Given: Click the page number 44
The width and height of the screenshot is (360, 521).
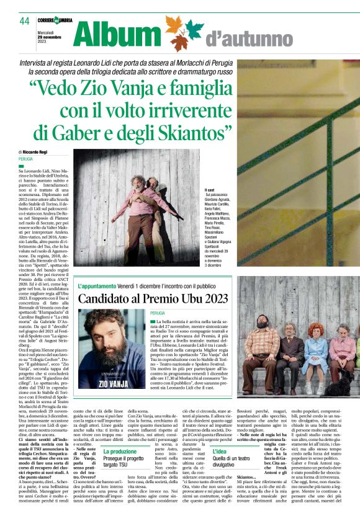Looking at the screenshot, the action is (24, 21).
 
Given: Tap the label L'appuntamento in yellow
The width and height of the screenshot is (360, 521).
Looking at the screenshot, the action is (97, 287).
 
